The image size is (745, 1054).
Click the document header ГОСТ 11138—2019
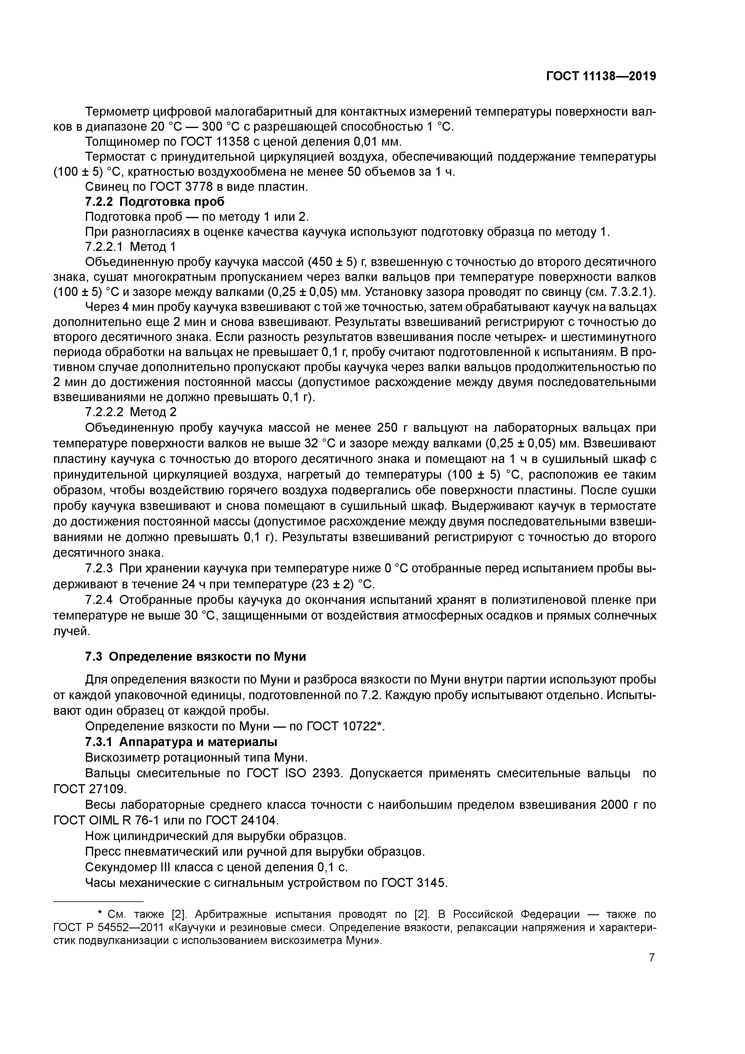coord(601,76)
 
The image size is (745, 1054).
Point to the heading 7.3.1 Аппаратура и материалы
coord(181,742)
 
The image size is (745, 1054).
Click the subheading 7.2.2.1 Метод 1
coord(130,247)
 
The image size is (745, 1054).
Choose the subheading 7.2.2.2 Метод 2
coord(130,412)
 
